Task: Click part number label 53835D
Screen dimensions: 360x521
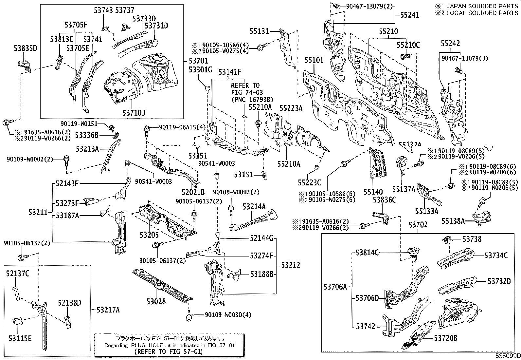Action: point(26,48)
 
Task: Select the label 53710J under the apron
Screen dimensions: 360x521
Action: point(134,113)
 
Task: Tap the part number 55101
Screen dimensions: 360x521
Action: point(314,60)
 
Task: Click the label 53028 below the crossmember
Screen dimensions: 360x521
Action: point(156,301)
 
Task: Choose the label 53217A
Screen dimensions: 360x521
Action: point(108,310)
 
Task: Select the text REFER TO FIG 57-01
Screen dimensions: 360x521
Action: point(169,351)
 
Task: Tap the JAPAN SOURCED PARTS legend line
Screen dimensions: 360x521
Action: point(476,6)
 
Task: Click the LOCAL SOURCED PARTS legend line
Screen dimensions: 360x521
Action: point(476,13)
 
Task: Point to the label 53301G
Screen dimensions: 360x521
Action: point(201,70)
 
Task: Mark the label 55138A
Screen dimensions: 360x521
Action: point(453,221)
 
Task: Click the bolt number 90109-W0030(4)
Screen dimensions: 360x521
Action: point(228,315)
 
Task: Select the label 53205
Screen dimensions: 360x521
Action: point(149,235)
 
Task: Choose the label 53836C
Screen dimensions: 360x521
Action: point(385,200)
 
